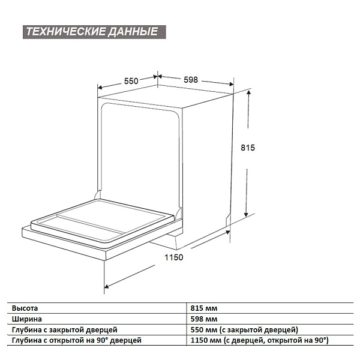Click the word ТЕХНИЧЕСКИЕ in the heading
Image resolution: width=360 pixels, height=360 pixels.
pos(65,32)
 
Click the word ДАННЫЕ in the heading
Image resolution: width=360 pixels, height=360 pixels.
pos(133,32)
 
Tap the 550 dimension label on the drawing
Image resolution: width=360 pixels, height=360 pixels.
pos(131,81)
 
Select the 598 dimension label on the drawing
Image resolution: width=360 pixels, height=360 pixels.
pos(191,80)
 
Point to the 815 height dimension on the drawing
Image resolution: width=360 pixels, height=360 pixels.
pos(248,148)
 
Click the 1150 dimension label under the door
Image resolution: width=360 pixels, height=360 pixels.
pos(174,257)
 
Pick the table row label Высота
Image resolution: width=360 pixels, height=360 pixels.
pos(25,308)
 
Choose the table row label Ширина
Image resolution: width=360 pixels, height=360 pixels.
pos(27,319)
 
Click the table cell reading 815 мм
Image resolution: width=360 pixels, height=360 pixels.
pos(204,308)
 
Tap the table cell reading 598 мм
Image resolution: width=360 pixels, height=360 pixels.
pos(204,319)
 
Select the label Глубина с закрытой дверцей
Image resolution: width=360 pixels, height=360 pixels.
pos(65,330)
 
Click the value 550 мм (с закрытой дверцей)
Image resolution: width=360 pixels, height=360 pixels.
pos(244,330)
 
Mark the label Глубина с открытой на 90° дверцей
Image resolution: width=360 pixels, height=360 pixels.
pos(77,340)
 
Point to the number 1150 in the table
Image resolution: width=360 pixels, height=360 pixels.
pos(199,340)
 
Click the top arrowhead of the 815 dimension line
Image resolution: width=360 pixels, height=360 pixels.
pos(249,93)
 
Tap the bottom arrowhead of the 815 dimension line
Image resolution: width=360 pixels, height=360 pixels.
pos(246,214)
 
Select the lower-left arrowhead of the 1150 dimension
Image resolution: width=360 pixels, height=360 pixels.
pos(107,286)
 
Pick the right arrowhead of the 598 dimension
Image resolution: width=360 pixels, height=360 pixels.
pos(231,84)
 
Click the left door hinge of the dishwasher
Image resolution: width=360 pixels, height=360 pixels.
pos(97,196)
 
